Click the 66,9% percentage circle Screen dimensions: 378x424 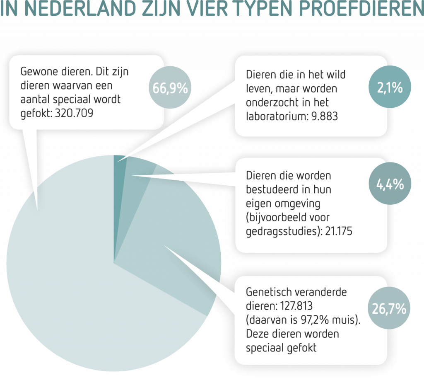[x=170, y=88]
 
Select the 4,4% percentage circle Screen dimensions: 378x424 [x=390, y=184]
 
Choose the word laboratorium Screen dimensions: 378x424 [x=276, y=116]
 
